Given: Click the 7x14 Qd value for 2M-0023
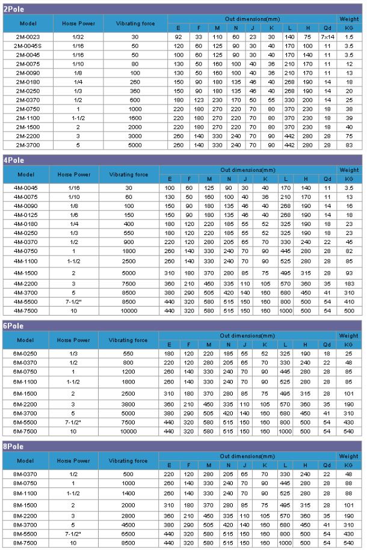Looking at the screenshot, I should coord(328,37).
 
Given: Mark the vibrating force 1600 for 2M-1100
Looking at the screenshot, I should coord(134,118).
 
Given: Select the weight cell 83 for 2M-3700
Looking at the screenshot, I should coord(350,145).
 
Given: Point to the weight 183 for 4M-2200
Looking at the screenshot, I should coord(349,284).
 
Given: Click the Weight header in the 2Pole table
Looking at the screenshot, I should coord(350,19).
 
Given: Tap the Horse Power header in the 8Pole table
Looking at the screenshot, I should coord(73,461).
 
